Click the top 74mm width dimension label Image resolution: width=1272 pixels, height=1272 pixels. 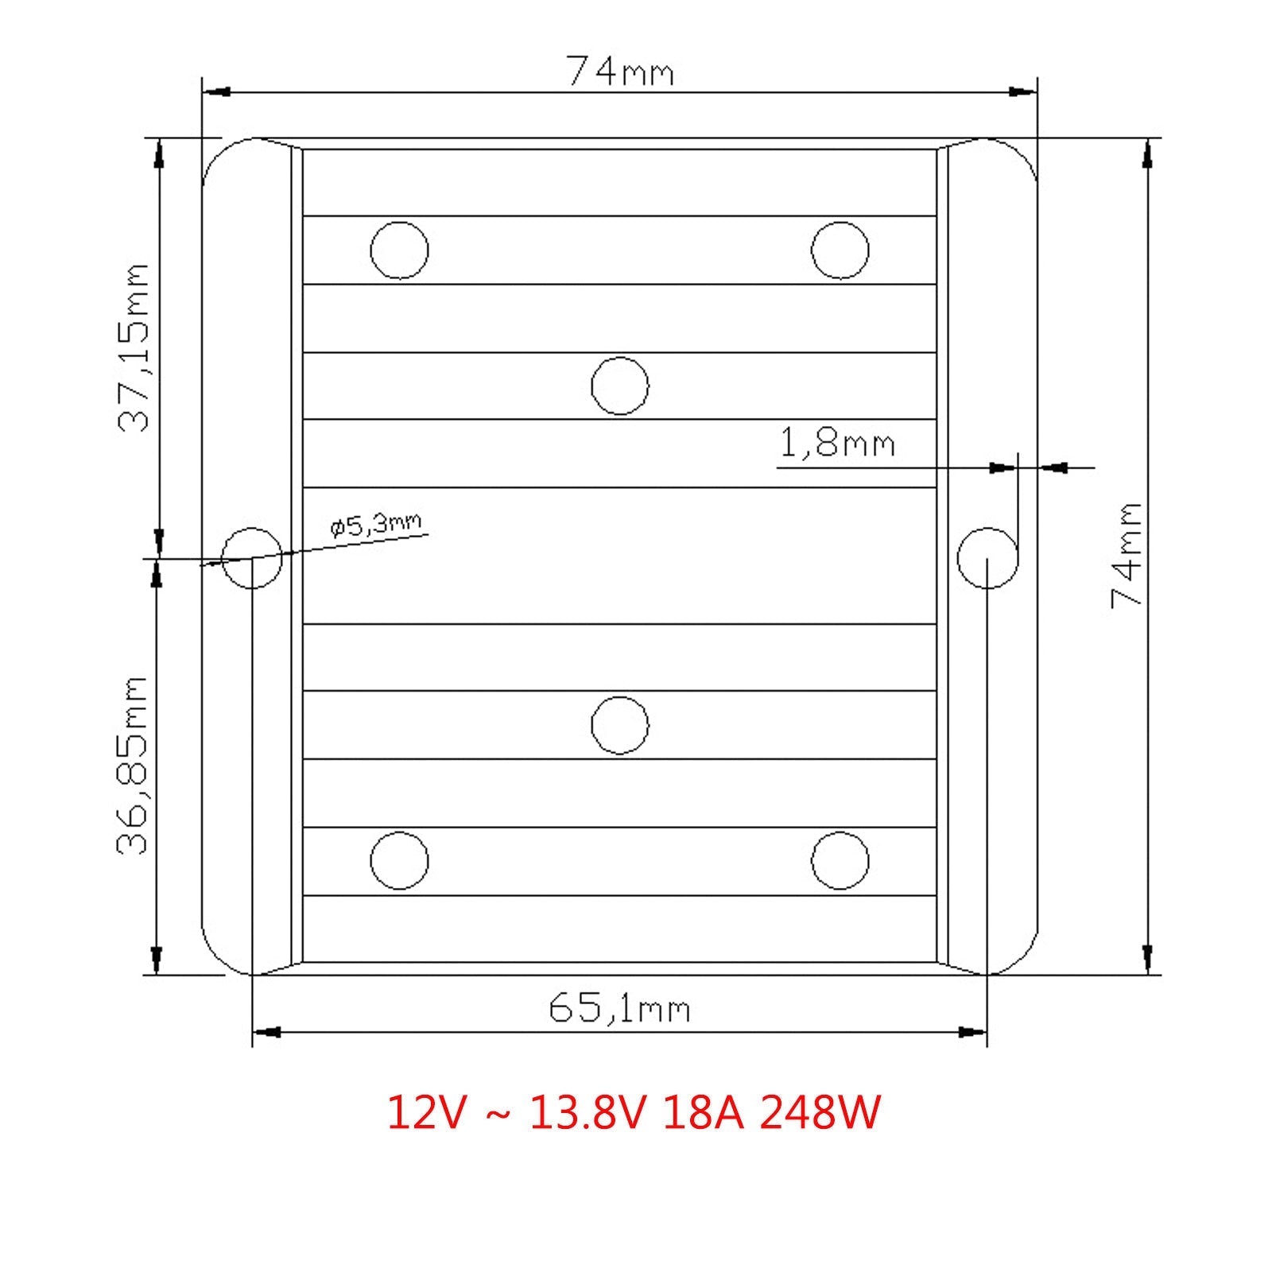pos(619,72)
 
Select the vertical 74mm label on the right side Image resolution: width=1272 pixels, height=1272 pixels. pos(1127,555)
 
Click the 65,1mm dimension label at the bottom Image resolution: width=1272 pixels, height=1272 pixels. pos(619,1010)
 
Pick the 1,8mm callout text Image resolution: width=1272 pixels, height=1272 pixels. pos(836,442)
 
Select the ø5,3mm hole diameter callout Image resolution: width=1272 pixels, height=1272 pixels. pos(376,525)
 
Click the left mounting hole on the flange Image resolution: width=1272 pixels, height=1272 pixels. pos(252,558)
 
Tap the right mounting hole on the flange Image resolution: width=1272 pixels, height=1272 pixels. pos(987,558)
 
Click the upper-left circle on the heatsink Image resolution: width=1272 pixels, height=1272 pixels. pos(399,250)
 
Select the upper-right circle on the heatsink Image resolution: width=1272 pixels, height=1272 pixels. pos(840,250)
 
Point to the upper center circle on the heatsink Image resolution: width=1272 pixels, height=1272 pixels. pos(620,386)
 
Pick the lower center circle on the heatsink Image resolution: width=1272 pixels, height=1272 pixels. pos(620,725)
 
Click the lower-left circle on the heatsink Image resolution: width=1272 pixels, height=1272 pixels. pos(399,860)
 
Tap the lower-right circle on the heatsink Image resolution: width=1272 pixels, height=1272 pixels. pos(840,860)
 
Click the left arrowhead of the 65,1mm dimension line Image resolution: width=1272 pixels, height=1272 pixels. pos(266,1033)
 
